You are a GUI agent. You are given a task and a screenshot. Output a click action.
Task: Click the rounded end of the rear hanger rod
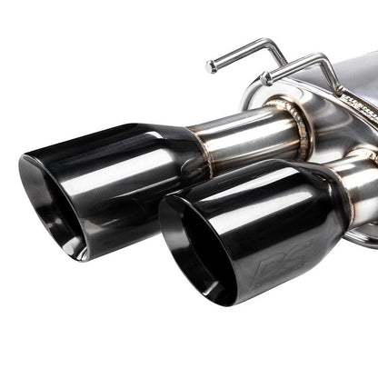[211, 65]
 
